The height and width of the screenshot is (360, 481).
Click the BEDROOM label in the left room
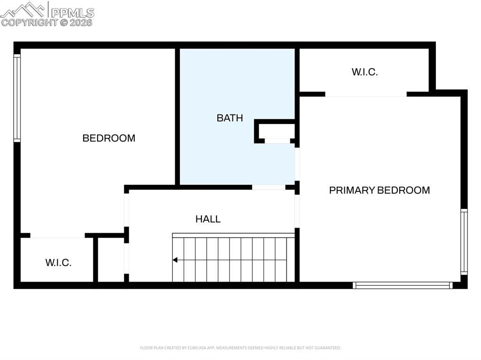tap(109, 138)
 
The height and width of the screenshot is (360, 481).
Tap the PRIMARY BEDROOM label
tap(379, 190)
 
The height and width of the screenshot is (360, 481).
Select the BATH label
tap(230, 118)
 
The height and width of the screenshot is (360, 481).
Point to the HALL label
tap(208, 219)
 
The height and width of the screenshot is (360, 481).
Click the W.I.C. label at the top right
tap(365, 72)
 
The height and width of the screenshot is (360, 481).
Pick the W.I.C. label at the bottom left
tap(58, 263)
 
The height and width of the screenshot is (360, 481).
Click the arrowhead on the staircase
tap(175, 260)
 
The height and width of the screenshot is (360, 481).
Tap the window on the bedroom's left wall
tap(17, 98)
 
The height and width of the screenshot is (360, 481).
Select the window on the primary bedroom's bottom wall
tap(403, 285)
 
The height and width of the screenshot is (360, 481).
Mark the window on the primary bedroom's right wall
tap(464, 242)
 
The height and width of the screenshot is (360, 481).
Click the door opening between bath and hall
tap(268, 187)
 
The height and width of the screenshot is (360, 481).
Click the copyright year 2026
tap(81, 22)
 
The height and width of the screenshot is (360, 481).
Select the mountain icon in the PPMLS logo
tap(23, 9)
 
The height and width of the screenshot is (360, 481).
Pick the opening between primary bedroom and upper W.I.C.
tap(365, 94)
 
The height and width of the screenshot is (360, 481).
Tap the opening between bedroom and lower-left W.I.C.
tap(57, 236)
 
